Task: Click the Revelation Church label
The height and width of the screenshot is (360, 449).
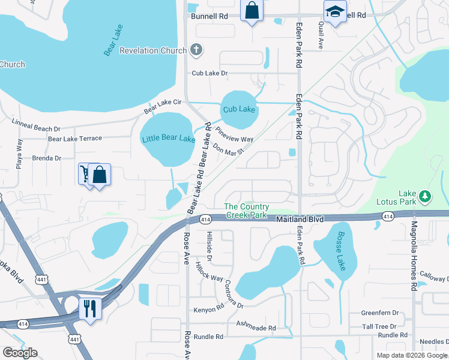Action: pos(153,51)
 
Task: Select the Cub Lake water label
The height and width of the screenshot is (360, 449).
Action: pos(239,109)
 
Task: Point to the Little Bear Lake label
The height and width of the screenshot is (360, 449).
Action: pos(169,139)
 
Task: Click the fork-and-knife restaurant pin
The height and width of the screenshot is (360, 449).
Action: pos(90,309)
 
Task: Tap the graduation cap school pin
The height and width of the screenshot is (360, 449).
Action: pos(335,11)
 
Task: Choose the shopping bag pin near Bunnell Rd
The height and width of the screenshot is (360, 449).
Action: pos(252,10)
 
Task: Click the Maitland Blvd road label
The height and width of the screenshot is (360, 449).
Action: pos(300,220)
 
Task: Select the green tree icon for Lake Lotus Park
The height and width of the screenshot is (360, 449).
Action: pos(425,196)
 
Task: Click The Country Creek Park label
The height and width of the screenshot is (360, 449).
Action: pos(245,211)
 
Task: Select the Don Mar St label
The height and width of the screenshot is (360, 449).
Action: pos(229,148)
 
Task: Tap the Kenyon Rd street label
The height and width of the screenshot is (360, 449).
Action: pos(208,310)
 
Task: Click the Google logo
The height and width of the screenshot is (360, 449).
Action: pos(20,353)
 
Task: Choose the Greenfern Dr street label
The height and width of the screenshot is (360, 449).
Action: pos(379,313)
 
